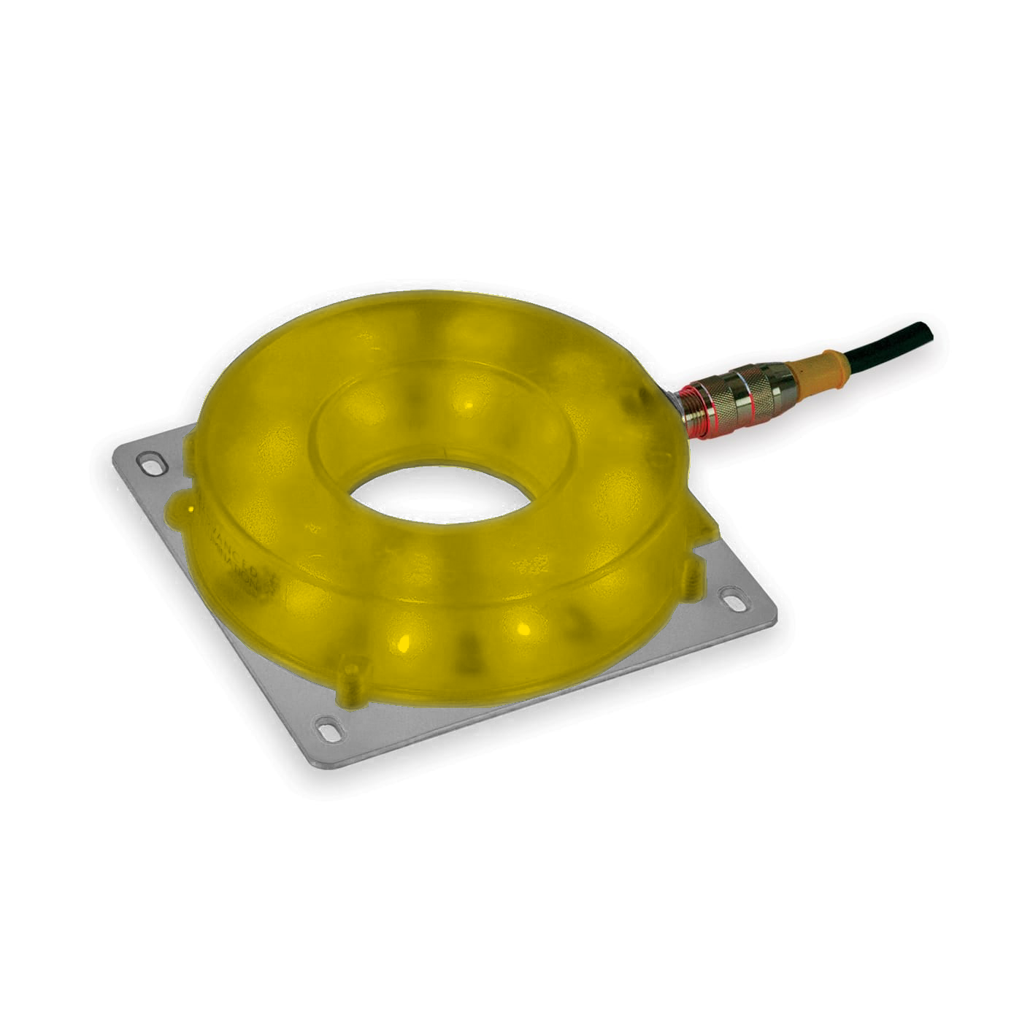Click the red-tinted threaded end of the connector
click(x=693, y=414)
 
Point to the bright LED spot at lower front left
click(x=401, y=642)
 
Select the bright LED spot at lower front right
click(x=522, y=627)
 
